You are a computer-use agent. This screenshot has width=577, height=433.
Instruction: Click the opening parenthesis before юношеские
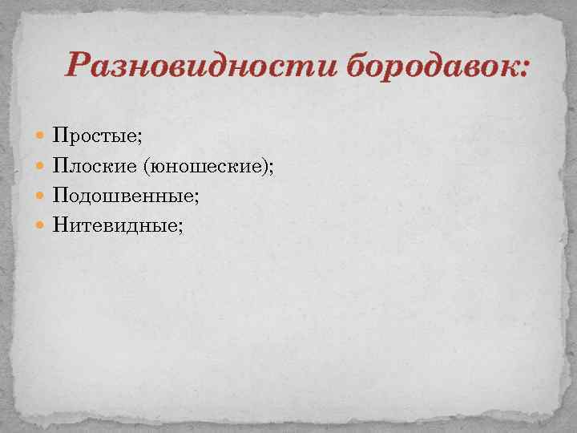click(x=146, y=165)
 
